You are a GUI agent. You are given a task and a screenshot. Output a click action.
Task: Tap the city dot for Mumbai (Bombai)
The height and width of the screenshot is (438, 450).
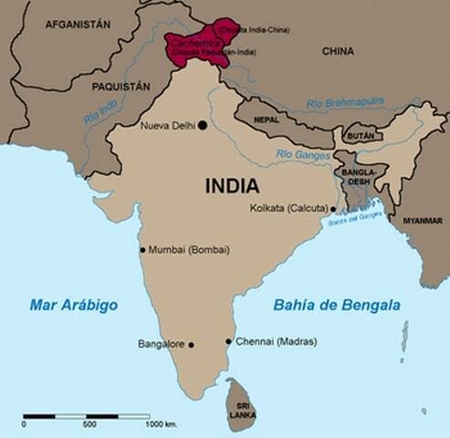pos(142,249)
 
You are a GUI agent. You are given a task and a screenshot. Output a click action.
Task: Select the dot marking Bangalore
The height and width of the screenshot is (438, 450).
pos(191,345)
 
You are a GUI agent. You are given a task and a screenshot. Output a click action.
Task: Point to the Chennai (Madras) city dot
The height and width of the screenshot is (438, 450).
pos(228,342)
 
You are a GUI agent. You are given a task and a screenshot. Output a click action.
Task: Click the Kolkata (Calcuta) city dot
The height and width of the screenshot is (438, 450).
pos(332,209)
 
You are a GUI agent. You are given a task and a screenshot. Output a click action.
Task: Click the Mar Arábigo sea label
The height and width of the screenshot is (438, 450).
pos(75,306)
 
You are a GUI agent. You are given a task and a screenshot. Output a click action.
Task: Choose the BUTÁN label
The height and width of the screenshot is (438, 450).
pos(361,135)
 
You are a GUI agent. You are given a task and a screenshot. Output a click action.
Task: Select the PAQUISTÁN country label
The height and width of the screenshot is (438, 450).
pos(120,86)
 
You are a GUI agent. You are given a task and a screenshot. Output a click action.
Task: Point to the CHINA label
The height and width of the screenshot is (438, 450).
pos(339,52)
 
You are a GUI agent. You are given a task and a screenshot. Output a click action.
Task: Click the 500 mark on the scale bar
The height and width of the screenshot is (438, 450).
pos(89,425)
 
